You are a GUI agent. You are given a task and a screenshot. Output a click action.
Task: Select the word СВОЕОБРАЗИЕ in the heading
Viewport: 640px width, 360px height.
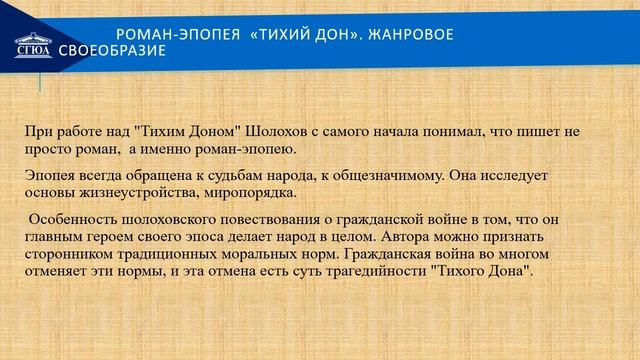(111, 51)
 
